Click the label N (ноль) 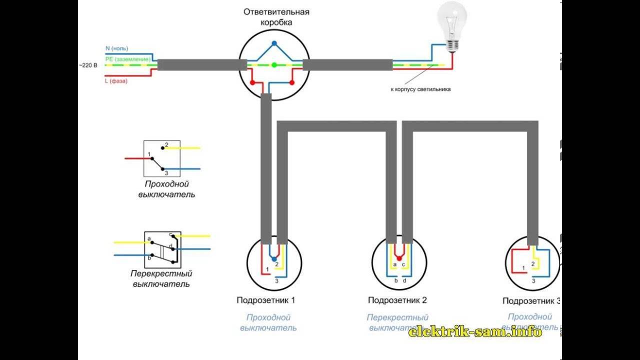(x=116, y=48)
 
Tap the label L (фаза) (x=116, y=81)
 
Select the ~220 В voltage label (x=87, y=65)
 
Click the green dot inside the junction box (x=274, y=65)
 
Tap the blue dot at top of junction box (x=274, y=43)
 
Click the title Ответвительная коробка (x=276, y=17)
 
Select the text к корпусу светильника (x=420, y=89)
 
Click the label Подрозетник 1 (x=266, y=300)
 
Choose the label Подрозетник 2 (x=397, y=300)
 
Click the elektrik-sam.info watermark (x=475, y=331)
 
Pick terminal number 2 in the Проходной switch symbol (x=167, y=144)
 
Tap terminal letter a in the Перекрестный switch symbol (x=149, y=239)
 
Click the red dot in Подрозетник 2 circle (x=398, y=259)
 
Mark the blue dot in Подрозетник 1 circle (x=273, y=259)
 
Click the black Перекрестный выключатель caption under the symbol (x=161, y=279)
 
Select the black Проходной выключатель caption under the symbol (x=166, y=189)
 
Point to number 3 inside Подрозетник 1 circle (x=276, y=281)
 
